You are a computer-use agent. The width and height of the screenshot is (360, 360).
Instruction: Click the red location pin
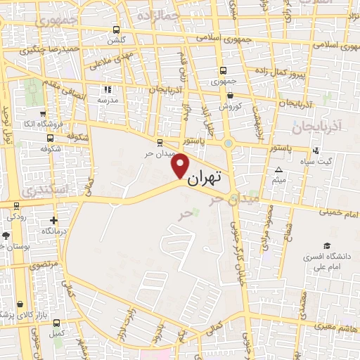tap(181, 166)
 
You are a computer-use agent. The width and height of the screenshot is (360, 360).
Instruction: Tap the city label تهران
tap(205, 176)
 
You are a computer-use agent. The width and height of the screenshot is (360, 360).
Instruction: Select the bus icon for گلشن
tap(116, 30)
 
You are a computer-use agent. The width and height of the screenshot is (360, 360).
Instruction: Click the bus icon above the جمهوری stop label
tap(223, 70)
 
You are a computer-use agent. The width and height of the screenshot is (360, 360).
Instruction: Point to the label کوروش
tap(230, 106)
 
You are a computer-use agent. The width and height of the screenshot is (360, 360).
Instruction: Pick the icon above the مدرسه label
tap(108, 89)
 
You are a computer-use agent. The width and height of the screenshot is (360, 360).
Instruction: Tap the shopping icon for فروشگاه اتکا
tap(44, 113)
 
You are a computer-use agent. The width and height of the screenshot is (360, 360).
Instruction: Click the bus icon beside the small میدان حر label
tap(160, 140)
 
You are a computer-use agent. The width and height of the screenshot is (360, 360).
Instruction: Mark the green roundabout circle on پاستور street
tap(229, 143)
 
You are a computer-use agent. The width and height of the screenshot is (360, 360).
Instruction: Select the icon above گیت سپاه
tap(316, 150)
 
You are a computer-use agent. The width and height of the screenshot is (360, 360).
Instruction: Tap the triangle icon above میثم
tap(278, 170)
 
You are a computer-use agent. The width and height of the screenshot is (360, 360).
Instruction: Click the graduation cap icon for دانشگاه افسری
tap(326, 245)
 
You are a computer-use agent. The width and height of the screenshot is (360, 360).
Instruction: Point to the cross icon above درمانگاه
tap(53, 220)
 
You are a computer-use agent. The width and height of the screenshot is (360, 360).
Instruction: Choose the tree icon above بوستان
tap(6, 236)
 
